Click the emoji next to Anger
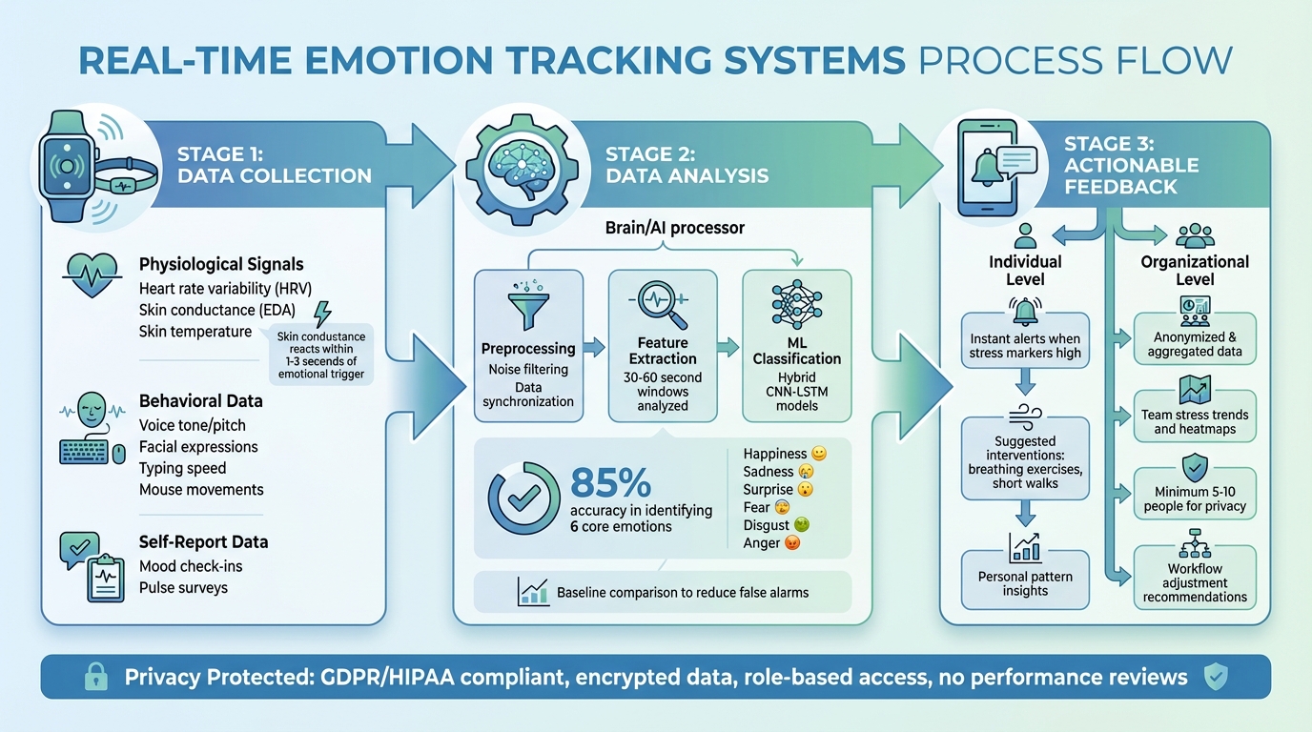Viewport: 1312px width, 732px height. coord(790,543)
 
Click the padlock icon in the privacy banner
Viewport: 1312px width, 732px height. coord(95,678)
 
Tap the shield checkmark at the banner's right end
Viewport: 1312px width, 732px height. coord(1214,677)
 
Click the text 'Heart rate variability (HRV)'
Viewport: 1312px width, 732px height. coord(225,288)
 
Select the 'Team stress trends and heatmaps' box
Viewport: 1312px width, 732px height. coord(1194,416)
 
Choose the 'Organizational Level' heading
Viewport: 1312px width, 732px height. coord(1194,270)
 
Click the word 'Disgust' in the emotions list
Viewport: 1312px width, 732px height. coord(766,525)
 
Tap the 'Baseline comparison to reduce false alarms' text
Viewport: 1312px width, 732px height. coord(682,592)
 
